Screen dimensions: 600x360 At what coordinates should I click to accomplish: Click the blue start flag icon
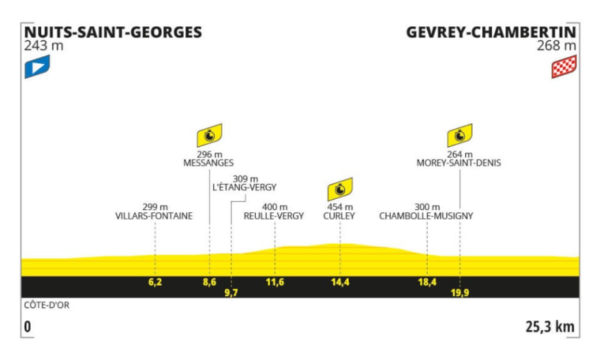[37, 67]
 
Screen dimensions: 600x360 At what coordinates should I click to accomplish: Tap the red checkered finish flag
[564, 67]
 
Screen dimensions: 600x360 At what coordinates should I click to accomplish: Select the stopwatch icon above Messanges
[209, 136]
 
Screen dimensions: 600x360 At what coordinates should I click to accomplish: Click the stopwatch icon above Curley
[340, 189]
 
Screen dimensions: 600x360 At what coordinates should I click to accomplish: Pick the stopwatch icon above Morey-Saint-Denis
[460, 136]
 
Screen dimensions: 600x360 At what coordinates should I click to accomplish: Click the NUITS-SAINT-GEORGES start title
[113, 32]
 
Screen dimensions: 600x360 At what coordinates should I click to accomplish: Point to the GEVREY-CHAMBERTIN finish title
[491, 32]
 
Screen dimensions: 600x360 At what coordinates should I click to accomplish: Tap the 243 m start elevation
[43, 46]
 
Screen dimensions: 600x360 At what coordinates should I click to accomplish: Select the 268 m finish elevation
[556, 46]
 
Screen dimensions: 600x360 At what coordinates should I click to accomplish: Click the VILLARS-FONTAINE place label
[154, 216]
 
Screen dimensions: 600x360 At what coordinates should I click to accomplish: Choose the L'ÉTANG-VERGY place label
[244, 187]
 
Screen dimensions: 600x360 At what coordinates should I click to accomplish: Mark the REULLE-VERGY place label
[274, 216]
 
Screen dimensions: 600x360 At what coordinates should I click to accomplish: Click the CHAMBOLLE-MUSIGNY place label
[426, 216]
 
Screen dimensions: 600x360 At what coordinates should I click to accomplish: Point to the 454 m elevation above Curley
[340, 207]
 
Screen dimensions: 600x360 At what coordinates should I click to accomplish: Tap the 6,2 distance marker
[155, 282]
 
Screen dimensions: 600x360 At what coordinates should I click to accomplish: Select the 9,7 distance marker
[231, 292]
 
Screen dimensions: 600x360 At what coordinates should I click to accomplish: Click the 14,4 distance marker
[340, 282]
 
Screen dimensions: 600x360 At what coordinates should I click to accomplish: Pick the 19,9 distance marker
[460, 292]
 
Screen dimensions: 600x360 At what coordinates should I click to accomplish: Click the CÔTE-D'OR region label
[46, 305]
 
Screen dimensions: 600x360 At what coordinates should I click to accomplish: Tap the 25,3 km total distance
[550, 327]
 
